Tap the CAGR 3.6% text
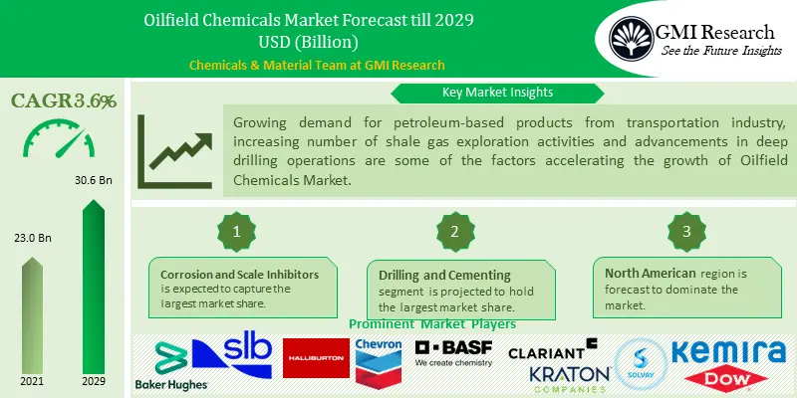[x=64, y=100]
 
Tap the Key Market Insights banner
[x=497, y=93]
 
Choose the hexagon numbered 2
[x=453, y=231]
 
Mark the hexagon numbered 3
[x=685, y=231]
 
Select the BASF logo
[x=453, y=352]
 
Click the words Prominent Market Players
[x=432, y=324]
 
